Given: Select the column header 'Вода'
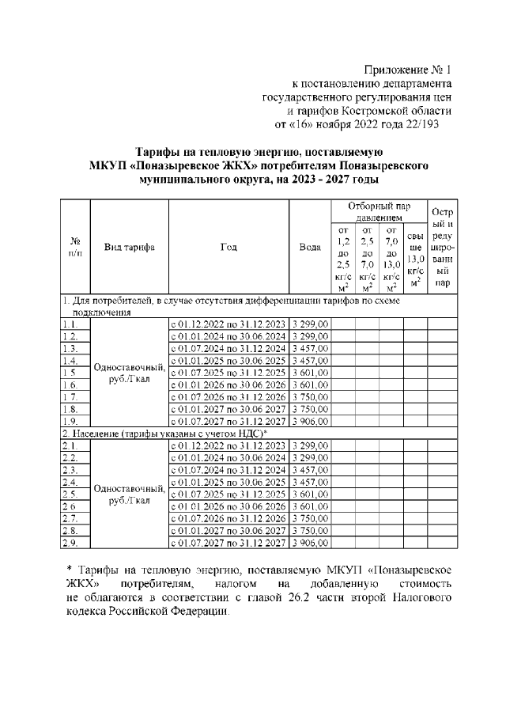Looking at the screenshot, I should [x=309, y=246].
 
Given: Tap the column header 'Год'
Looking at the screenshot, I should [x=228, y=246].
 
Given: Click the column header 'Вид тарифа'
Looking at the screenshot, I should [x=130, y=246].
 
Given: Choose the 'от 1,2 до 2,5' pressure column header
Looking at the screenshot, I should [x=343, y=258].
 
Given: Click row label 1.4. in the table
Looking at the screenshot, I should [x=70, y=360].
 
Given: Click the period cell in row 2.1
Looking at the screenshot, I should [x=228, y=447].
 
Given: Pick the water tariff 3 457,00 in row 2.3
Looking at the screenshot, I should [x=311, y=470].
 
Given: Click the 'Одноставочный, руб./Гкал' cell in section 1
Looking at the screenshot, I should [x=130, y=373].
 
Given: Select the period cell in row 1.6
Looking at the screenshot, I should [x=228, y=385].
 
